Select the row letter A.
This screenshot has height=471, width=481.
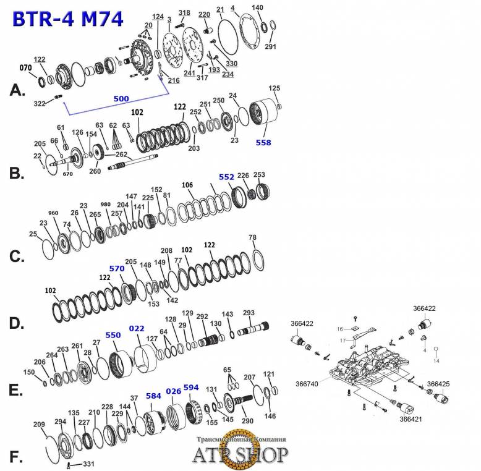(x=18, y=90)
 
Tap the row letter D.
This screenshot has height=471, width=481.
(x=17, y=323)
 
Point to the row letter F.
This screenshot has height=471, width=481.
(x=17, y=457)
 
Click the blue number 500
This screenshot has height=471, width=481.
(x=122, y=98)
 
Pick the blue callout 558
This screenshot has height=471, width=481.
(x=263, y=142)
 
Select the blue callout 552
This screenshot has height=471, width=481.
(x=226, y=177)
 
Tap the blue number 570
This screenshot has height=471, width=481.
(x=117, y=268)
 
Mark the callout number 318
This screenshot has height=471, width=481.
(x=184, y=12)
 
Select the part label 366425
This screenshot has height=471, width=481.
(x=438, y=384)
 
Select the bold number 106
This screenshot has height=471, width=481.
(x=188, y=185)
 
